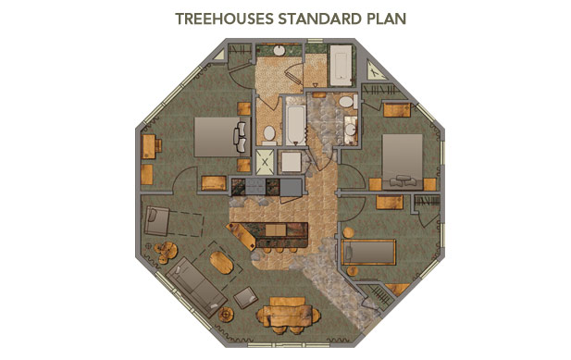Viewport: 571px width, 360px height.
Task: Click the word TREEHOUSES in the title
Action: (x=224, y=19)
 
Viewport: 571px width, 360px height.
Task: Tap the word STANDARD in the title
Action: (x=320, y=19)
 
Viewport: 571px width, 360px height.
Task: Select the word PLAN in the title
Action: (x=386, y=19)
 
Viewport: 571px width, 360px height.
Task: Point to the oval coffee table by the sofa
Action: (x=221, y=263)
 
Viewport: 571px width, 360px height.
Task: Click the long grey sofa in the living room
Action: (x=196, y=287)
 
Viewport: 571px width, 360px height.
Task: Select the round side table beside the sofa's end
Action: (x=226, y=314)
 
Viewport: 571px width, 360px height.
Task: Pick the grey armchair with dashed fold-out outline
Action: (x=156, y=220)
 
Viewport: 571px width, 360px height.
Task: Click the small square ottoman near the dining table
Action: (x=246, y=297)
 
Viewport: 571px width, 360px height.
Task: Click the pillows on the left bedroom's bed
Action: (x=241, y=137)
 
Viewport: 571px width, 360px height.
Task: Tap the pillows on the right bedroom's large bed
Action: (x=403, y=180)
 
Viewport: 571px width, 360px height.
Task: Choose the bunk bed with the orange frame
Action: (x=368, y=253)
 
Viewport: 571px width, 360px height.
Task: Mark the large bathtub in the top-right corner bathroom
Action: (x=341, y=65)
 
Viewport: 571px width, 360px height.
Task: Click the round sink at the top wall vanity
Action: (x=279, y=50)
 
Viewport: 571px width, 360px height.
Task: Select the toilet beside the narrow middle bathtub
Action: (x=269, y=133)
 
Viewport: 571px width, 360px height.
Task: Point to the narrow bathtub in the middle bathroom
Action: (x=295, y=121)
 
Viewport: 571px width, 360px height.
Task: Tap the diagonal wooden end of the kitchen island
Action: (x=241, y=236)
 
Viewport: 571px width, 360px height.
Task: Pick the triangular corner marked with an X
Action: (x=375, y=71)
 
